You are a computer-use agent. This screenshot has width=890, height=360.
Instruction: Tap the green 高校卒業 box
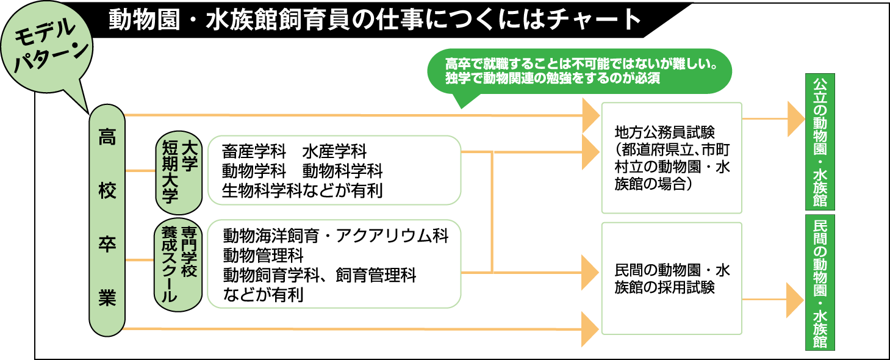107,220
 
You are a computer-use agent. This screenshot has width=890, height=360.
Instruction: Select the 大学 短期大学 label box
178,170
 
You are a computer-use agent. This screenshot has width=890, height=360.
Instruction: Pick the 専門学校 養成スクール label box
178,264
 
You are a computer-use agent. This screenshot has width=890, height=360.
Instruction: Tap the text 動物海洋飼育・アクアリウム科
336,236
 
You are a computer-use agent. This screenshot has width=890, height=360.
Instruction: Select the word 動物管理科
263,255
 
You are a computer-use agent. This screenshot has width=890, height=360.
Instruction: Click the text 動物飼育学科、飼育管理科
320,275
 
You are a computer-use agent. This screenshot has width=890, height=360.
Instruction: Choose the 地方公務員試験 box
672,157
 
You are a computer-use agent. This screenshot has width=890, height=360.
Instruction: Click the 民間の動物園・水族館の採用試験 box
672,278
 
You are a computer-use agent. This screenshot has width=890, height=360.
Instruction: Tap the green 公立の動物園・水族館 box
820,142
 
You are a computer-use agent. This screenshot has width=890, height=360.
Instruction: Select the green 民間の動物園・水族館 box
820,282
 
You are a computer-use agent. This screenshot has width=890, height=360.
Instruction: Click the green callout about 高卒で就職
580,71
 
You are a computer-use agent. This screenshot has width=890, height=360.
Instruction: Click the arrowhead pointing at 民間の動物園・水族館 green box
795,300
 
